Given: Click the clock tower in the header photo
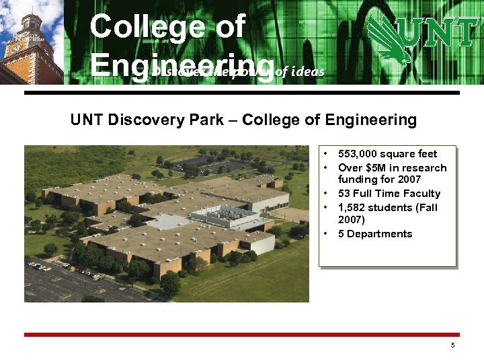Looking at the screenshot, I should [x=27, y=40].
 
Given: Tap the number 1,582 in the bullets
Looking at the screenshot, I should [x=355, y=207].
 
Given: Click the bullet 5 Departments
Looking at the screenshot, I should [x=375, y=234].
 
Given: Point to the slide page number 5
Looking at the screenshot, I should [x=453, y=345].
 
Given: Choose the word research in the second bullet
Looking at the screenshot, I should [x=424, y=167].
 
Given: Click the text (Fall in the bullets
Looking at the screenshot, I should [x=425, y=207].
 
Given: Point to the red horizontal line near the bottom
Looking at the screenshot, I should [x=242, y=334].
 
